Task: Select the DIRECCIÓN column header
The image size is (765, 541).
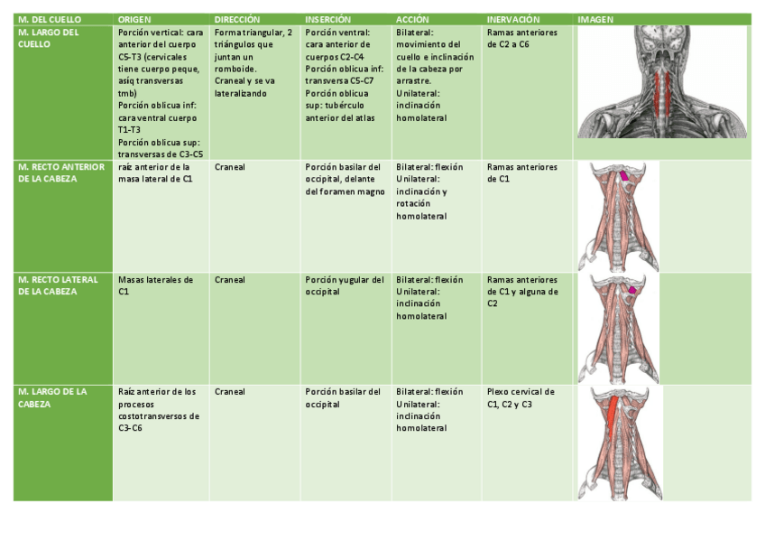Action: (x=237, y=19)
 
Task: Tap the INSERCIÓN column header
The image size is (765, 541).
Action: (x=329, y=19)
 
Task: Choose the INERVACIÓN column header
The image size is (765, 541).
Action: (x=513, y=19)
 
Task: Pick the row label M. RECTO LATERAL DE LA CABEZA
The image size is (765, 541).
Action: (x=58, y=285)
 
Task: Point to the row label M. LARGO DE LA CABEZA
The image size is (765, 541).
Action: (x=52, y=397)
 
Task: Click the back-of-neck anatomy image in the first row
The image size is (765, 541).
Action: (x=662, y=81)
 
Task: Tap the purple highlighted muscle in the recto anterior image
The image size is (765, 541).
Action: (x=624, y=175)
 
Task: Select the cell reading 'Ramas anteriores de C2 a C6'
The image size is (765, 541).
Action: (x=522, y=38)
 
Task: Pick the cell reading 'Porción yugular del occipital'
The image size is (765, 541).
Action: (x=345, y=285)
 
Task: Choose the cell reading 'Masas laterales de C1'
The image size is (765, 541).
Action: (x=155, y=285)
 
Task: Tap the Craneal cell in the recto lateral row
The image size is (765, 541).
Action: (x=230, y=280)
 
